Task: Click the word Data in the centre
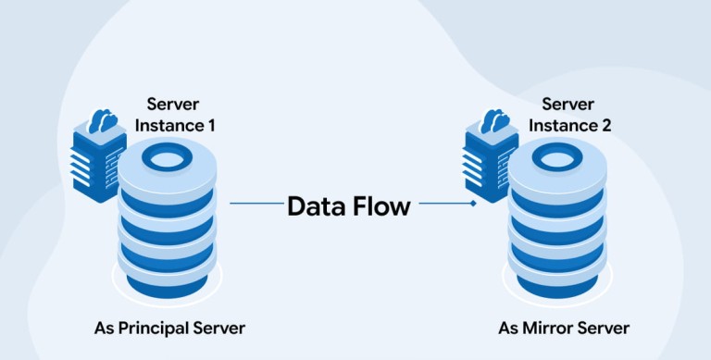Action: click(x=315, y=206)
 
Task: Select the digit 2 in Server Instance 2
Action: click(x=605, y=126)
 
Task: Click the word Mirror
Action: click(x=546, y=328)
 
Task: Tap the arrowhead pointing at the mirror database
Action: click(x=473, y=203)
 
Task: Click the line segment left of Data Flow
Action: click(x=256, y=203)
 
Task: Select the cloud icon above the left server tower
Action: click(x=103, y=120)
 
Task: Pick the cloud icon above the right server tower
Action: click(x=494, y=120)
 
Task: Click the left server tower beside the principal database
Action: click(x=96, y=166)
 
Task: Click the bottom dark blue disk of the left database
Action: click(x=167, y=285)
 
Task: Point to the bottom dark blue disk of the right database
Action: click(x=557, y=285)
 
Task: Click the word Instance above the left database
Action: click(x=168, y=126)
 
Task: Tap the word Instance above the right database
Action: click(x=562, y=126)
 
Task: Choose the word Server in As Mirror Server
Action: click(x=602, y=328)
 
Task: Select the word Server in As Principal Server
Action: click(x=218, y=328)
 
